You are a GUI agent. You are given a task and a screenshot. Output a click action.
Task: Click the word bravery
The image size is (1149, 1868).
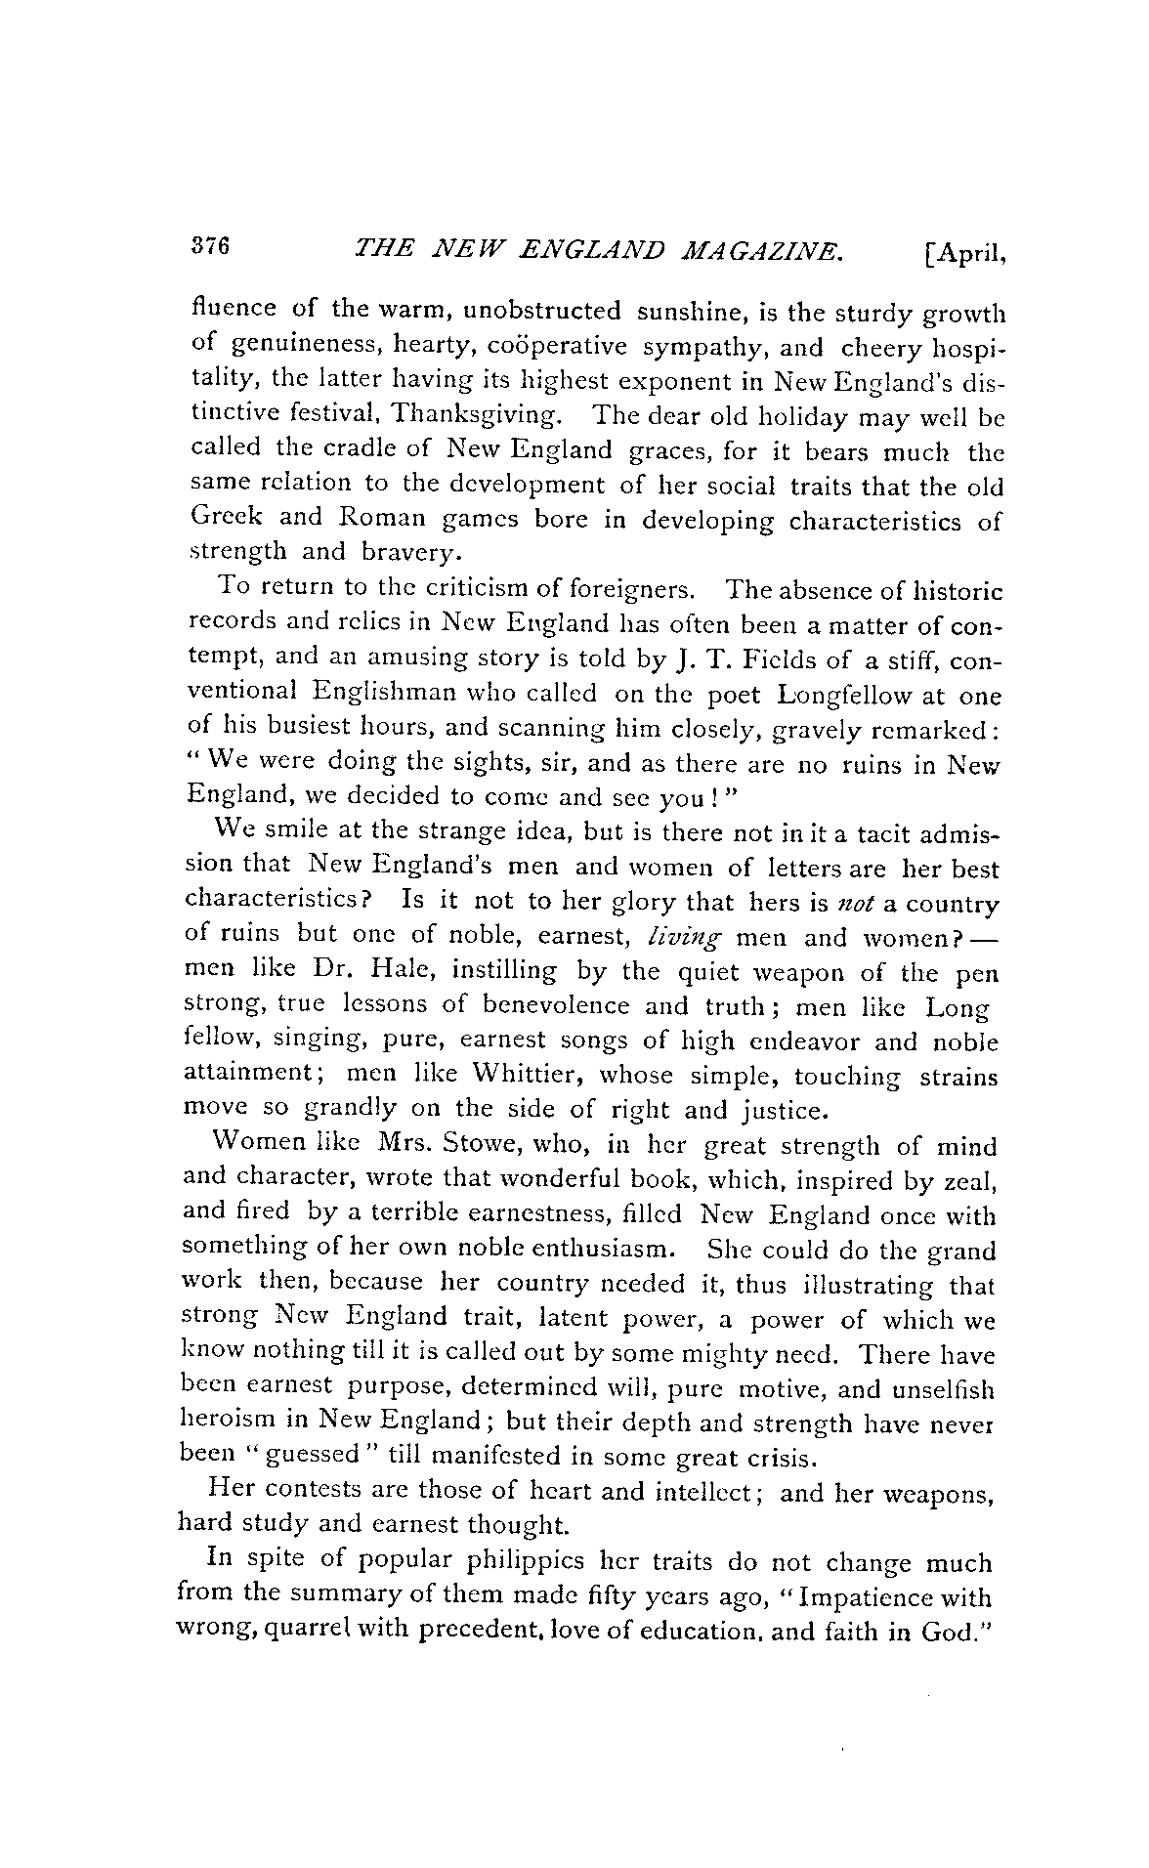(408, 553)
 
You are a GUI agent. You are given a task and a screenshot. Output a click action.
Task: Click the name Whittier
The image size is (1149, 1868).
(530, 1075)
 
